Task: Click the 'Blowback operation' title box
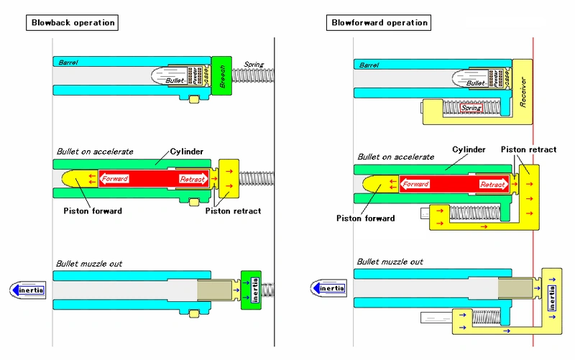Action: click(x=73, y=22)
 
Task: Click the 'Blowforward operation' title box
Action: click(x=379, y=22)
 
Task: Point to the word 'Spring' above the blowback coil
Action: click(x=254, y=65)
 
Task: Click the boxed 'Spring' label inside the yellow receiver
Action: click(x=470, y=109)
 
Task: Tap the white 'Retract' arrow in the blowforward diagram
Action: click(x=492, y=183)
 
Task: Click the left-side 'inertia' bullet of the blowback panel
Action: click(x=28, y=290)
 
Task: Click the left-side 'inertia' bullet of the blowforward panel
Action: click(x=329, y=289)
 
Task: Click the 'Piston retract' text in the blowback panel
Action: click(x=232, y=211)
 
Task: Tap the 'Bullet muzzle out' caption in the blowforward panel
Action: click(x=390, y=262)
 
